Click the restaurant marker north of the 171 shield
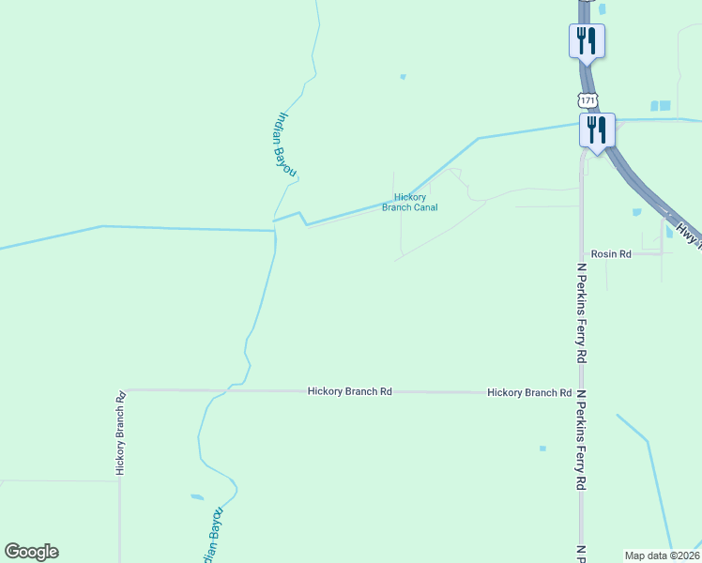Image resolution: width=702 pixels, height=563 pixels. click(587, 40)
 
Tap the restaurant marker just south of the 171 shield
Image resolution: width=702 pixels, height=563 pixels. click(597, 129)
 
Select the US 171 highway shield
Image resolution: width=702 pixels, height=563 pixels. click(588, 99)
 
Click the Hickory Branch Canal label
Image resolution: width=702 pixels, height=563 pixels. click(410, 203)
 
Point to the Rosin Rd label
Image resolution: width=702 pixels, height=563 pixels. click(610, 254)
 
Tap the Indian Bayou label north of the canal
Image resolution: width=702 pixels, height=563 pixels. click(284, 144)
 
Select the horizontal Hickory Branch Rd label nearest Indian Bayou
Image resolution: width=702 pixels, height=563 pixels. click(349, 391)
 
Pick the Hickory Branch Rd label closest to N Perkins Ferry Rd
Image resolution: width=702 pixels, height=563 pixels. click(529, 392)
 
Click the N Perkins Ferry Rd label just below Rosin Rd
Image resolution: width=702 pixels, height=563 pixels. click(582, 313)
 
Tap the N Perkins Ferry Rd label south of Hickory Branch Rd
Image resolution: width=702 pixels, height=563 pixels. click(582, 441)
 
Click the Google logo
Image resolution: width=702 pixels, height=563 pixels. click(31, 552)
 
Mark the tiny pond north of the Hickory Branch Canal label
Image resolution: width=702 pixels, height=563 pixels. click(403, 77)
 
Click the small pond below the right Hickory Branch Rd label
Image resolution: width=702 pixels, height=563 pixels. click(542, 449)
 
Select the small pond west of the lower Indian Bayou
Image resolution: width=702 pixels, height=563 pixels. click(197, 496)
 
